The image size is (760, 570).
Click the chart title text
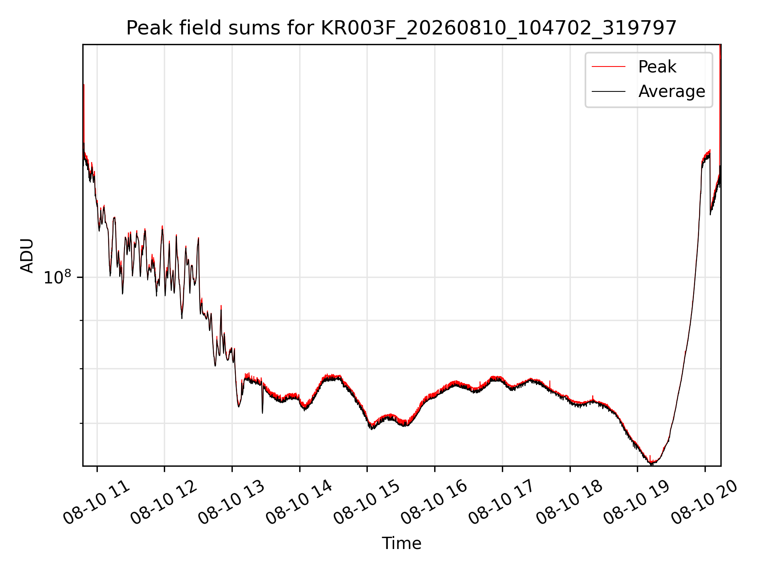[401, 28]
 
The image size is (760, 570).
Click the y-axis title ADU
[27, 256]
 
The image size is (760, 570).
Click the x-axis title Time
[401, 543]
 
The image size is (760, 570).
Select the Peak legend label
[657, 67]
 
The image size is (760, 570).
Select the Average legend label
[672, 91]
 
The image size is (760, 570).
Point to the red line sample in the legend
[608, 67]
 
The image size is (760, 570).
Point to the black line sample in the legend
[608, 91]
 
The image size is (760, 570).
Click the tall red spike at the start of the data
[84, 115]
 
